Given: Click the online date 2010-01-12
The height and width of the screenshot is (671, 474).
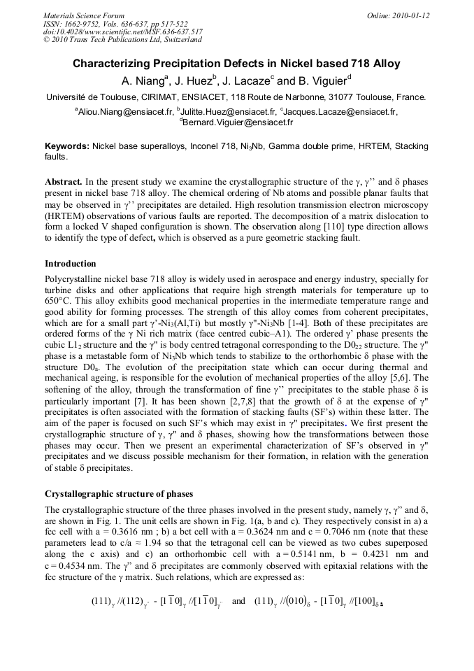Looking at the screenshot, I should pos(412,15).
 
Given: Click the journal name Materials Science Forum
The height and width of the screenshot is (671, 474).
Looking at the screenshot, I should pos(84,15).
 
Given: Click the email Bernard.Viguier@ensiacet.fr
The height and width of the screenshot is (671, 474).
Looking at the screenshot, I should pos(238,122).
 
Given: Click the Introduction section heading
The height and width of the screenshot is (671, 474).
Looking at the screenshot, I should pos(71,264).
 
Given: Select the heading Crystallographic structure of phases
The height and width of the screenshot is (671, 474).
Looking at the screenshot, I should pos(118,494).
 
